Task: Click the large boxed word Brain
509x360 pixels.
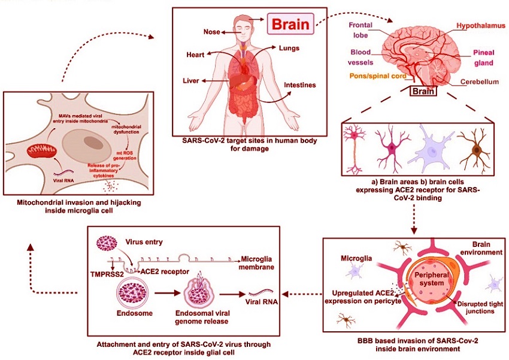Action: click(x=290, y=24)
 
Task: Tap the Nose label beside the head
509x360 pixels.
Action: click(x=211, y=32)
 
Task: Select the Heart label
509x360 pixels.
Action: click(x=195, y=55)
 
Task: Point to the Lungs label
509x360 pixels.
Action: click(x=289, y=49)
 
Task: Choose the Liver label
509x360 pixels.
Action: click(x=191, y=80)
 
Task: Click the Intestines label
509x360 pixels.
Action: click(x=299, y=85)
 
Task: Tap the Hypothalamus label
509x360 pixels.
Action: click(x=481, y=26)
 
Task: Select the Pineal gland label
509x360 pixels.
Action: click(x=484, y=58)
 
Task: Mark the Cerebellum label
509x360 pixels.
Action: click(x=480, y=82)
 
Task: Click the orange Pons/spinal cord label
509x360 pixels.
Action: click(x=378, y=76)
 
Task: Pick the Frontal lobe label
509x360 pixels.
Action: click(x=360, y=30)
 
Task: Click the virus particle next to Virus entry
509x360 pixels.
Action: click(x=107, y=243)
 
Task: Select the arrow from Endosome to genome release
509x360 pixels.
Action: click(x=167, y=294)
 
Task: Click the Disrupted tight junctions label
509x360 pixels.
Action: click(x=480, y=308)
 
